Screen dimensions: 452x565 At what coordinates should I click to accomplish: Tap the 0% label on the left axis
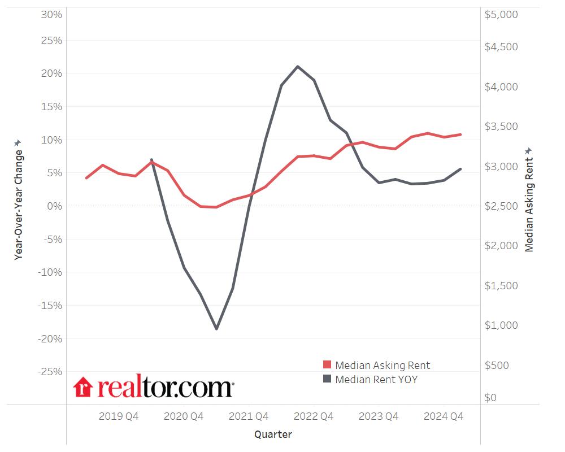54,206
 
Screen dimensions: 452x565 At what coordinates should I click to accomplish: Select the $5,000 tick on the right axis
501,14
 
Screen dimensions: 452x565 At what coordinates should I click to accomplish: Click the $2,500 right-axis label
501,206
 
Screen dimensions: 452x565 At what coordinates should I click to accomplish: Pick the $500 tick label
497,365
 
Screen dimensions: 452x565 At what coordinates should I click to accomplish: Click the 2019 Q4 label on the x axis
119,416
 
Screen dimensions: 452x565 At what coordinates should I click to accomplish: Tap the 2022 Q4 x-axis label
314,416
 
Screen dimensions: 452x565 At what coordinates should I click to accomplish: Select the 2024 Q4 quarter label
444,416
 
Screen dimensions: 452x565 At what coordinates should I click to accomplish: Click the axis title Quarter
273,434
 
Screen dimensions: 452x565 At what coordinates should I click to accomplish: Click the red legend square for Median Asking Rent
327,365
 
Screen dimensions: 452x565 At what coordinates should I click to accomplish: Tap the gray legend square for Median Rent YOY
327,379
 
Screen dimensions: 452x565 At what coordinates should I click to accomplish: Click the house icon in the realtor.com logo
83,387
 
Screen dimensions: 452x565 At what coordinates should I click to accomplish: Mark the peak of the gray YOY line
298,66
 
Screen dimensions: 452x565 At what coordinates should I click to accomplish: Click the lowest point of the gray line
216,329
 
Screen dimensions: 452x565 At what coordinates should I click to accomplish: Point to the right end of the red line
461,134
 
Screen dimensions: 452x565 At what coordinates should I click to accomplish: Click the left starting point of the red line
86,178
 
